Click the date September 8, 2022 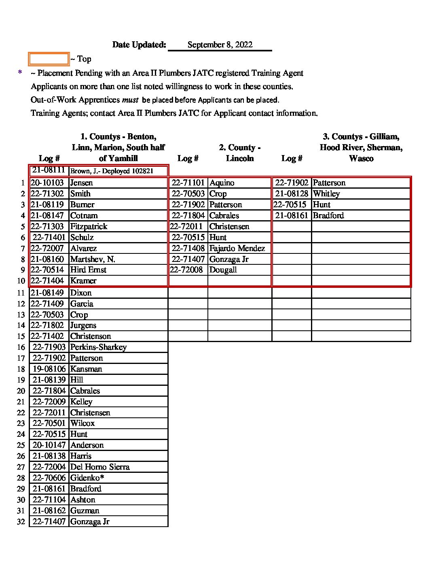220,45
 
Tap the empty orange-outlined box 49,59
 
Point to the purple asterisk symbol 20,73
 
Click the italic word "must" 130,100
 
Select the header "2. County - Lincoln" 240,153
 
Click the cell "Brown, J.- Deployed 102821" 112,171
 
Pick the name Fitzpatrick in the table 89,227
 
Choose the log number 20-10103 47,183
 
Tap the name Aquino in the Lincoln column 222,183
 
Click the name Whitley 326,194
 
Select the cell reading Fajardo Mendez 237,248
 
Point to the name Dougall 223,270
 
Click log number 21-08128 292,194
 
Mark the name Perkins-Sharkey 98,347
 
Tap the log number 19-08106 49,369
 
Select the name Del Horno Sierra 100,467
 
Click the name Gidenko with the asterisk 87,478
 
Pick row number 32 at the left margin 21,522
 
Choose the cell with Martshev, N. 93,259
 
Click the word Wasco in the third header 361,159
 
